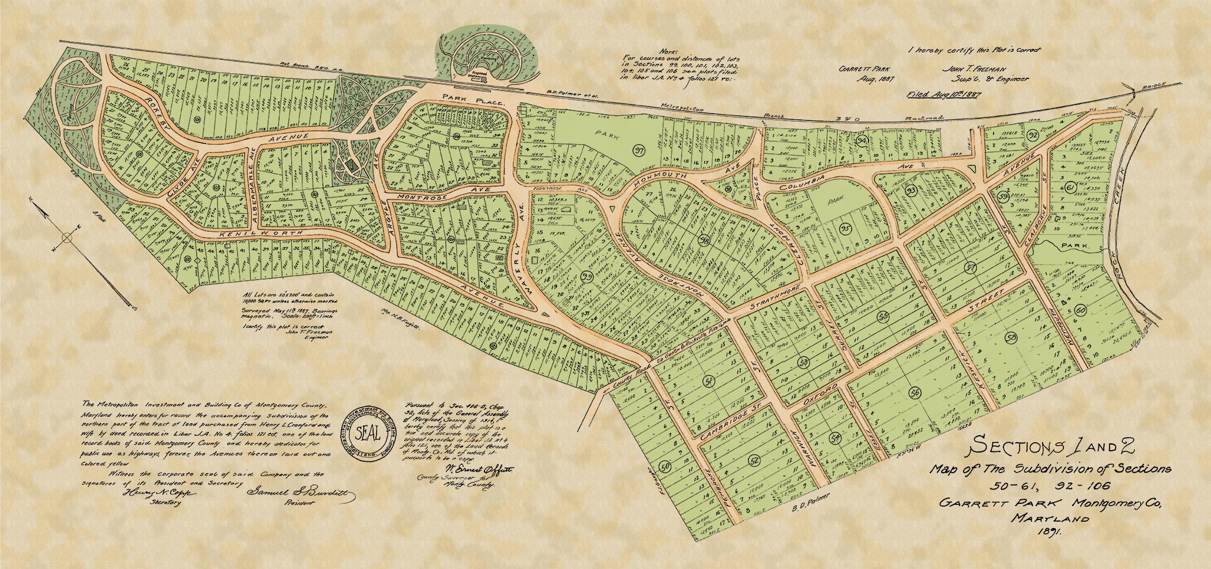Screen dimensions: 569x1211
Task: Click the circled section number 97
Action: click(x=638, y=152)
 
